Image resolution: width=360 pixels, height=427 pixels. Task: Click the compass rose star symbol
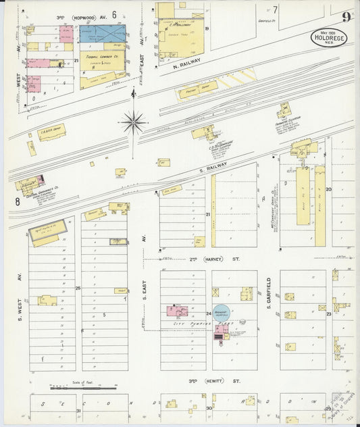point(134,123)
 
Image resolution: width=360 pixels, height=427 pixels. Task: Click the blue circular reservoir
point(221,313)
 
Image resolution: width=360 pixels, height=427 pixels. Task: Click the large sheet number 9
point(345,17)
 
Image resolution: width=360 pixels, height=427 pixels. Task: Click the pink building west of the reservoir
point(178,311)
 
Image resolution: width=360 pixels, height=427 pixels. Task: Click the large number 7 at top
point(275,9)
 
